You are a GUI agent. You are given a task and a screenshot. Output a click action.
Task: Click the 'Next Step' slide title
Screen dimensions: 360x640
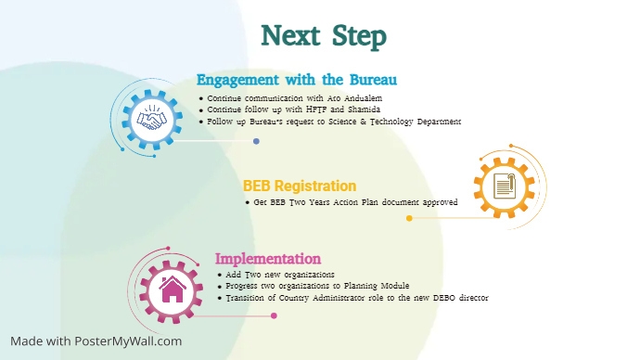coord(324,36)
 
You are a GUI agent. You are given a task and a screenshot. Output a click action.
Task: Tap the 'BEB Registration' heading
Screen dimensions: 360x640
coord(300,186)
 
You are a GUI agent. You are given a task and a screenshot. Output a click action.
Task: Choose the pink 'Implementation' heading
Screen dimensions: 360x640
coord(268,259)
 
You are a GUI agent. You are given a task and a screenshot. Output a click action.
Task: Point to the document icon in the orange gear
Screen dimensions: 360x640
coord(504,186)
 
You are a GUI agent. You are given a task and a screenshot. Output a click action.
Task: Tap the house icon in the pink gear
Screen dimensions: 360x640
coord(172,289)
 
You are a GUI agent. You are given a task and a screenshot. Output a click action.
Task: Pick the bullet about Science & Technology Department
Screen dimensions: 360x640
coord(334,122)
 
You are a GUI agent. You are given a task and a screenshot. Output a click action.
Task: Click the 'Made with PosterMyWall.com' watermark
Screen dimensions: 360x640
coord(96,341)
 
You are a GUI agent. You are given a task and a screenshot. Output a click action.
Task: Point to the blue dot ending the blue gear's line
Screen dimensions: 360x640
coord(256,141)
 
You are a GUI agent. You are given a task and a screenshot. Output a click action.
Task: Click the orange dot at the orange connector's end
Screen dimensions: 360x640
coord(409,219)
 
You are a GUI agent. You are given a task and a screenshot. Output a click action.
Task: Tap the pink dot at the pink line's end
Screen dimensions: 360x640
coord(274,315)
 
